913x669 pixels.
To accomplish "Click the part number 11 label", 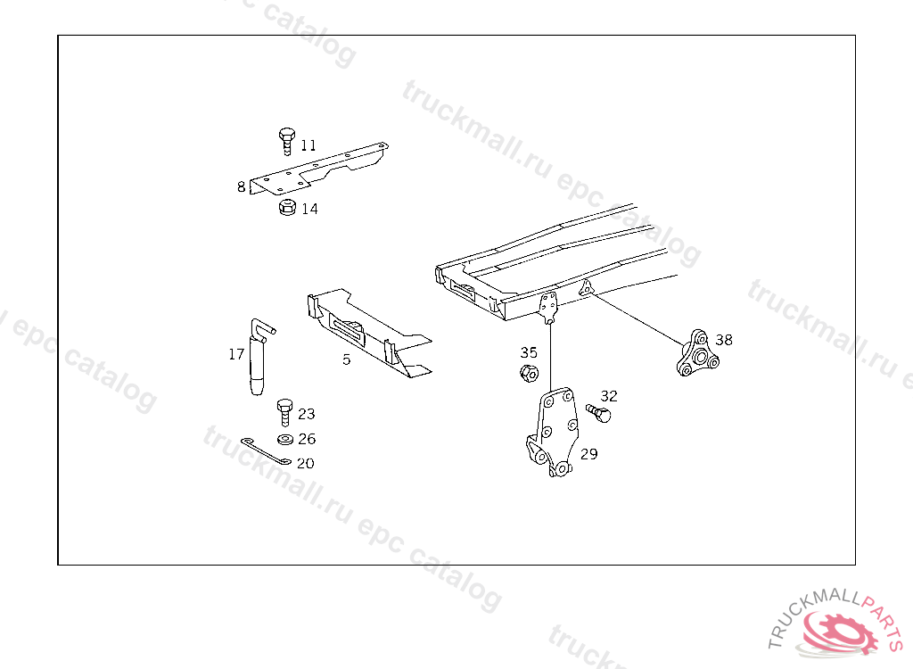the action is [308, 145].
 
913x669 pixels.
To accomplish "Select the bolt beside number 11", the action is [286, 141].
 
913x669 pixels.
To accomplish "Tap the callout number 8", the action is [241, 187].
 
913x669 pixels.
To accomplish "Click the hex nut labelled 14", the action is [287, 208].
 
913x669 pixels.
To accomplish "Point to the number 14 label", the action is [309, 210].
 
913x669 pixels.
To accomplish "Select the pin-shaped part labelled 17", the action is [258, 357].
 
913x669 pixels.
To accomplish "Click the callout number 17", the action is [236, 354].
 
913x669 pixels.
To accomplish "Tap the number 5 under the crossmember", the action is [347, 360].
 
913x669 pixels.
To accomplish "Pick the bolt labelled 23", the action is [285, 411].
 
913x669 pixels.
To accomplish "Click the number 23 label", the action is [307, 414].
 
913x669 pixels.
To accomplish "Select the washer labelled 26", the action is [285, 440].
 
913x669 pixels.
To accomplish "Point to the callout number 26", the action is [307, 439].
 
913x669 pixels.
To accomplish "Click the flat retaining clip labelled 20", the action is [265, 450].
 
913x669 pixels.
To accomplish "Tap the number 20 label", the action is [306, 464].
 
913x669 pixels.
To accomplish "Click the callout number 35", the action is [530, 352].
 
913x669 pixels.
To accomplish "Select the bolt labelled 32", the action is [598, 412].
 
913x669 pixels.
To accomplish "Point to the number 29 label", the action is [588, 454].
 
